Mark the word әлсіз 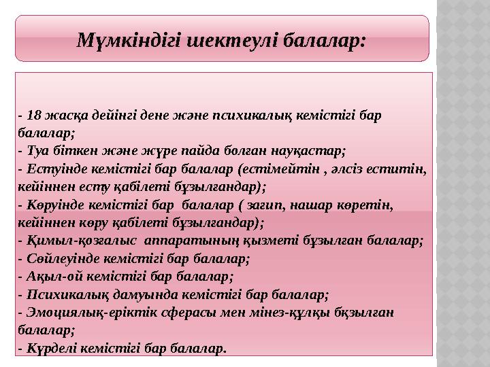(345, 168)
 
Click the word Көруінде (50, 204)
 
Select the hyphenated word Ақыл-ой (47, 276)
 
